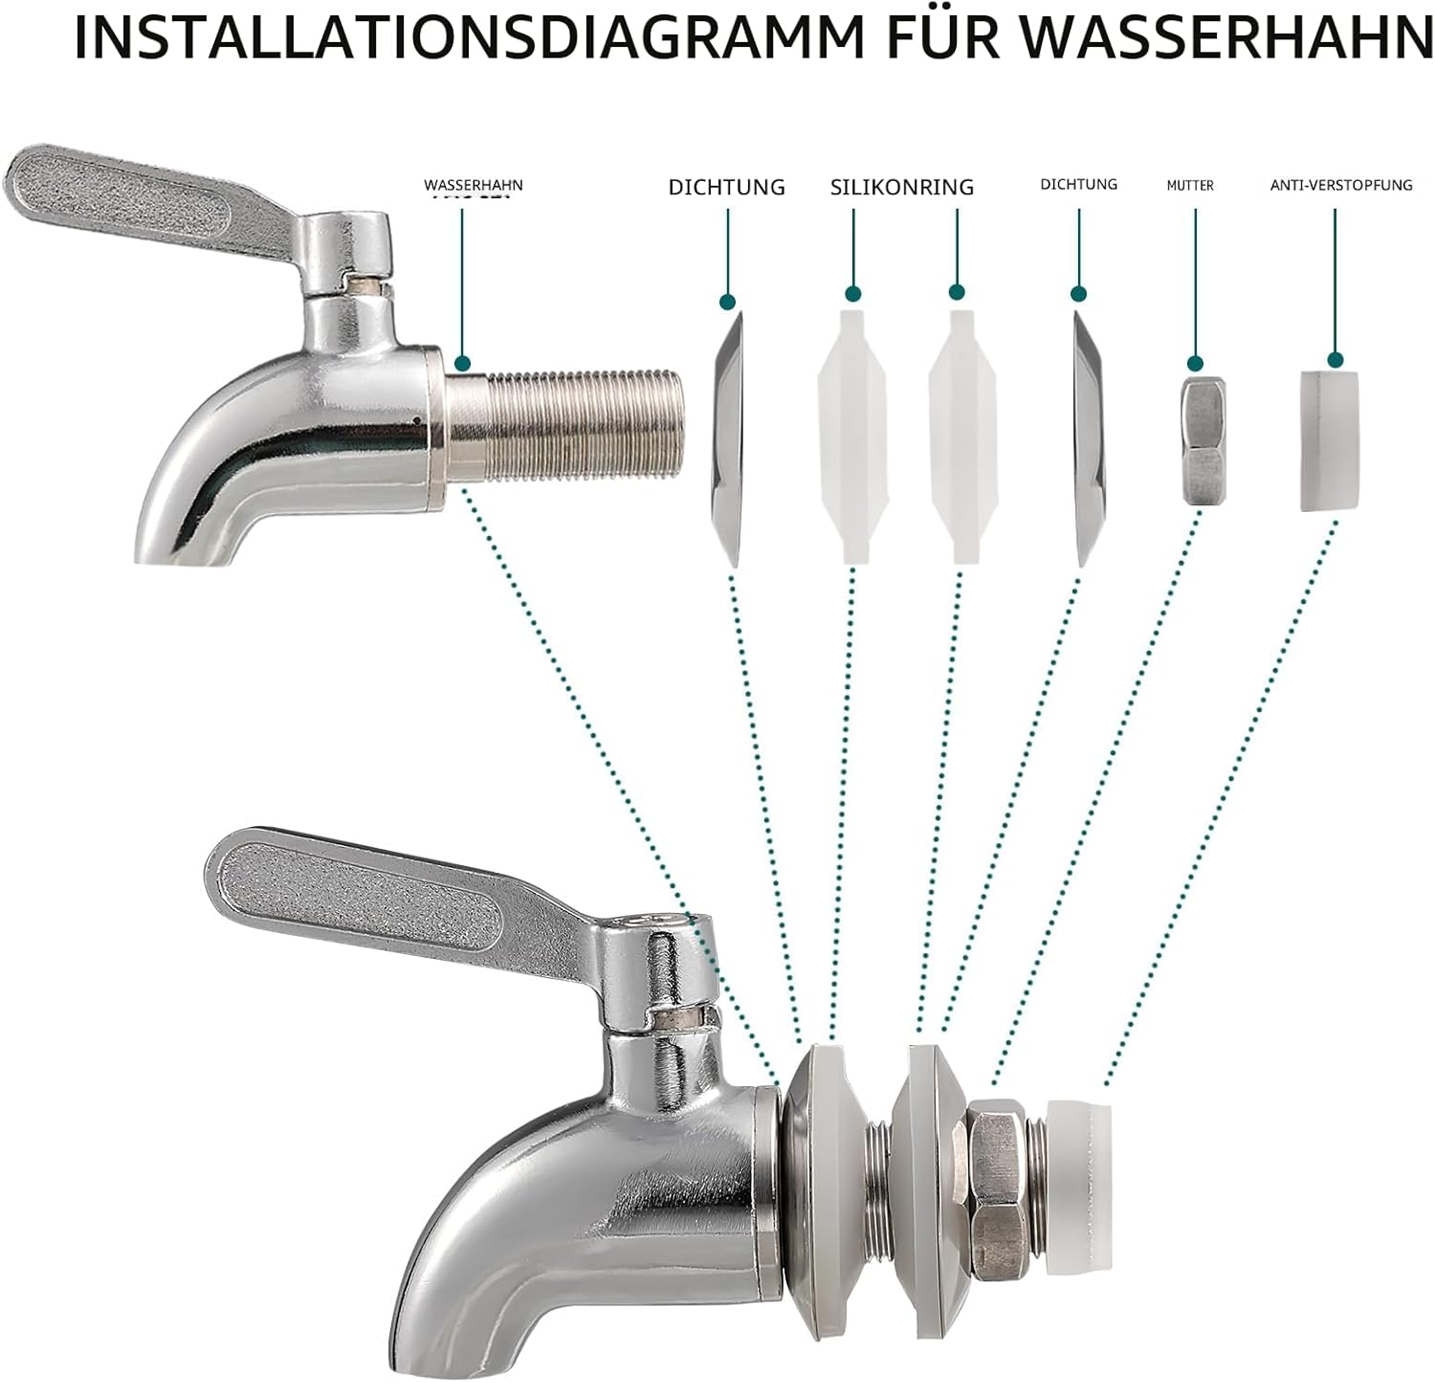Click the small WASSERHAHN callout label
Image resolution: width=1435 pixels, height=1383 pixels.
(x=474, y=185)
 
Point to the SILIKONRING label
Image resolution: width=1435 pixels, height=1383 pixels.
(x=902, y=187)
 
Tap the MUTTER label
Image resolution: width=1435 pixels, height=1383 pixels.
(x=1190, y=185)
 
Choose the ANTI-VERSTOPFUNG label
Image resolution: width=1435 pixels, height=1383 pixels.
(x=1341, y=185)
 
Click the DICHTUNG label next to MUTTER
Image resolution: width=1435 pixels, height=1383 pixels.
(x=1079, y=184)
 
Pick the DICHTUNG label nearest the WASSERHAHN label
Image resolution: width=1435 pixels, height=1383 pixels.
(x=727, y=187)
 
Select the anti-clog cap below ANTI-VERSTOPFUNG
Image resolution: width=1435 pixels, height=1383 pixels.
(x=1331, y=441)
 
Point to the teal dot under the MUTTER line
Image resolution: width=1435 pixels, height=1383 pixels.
(x=1195, y=363)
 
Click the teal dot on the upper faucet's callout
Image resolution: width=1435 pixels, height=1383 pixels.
(x=462, y=364)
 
